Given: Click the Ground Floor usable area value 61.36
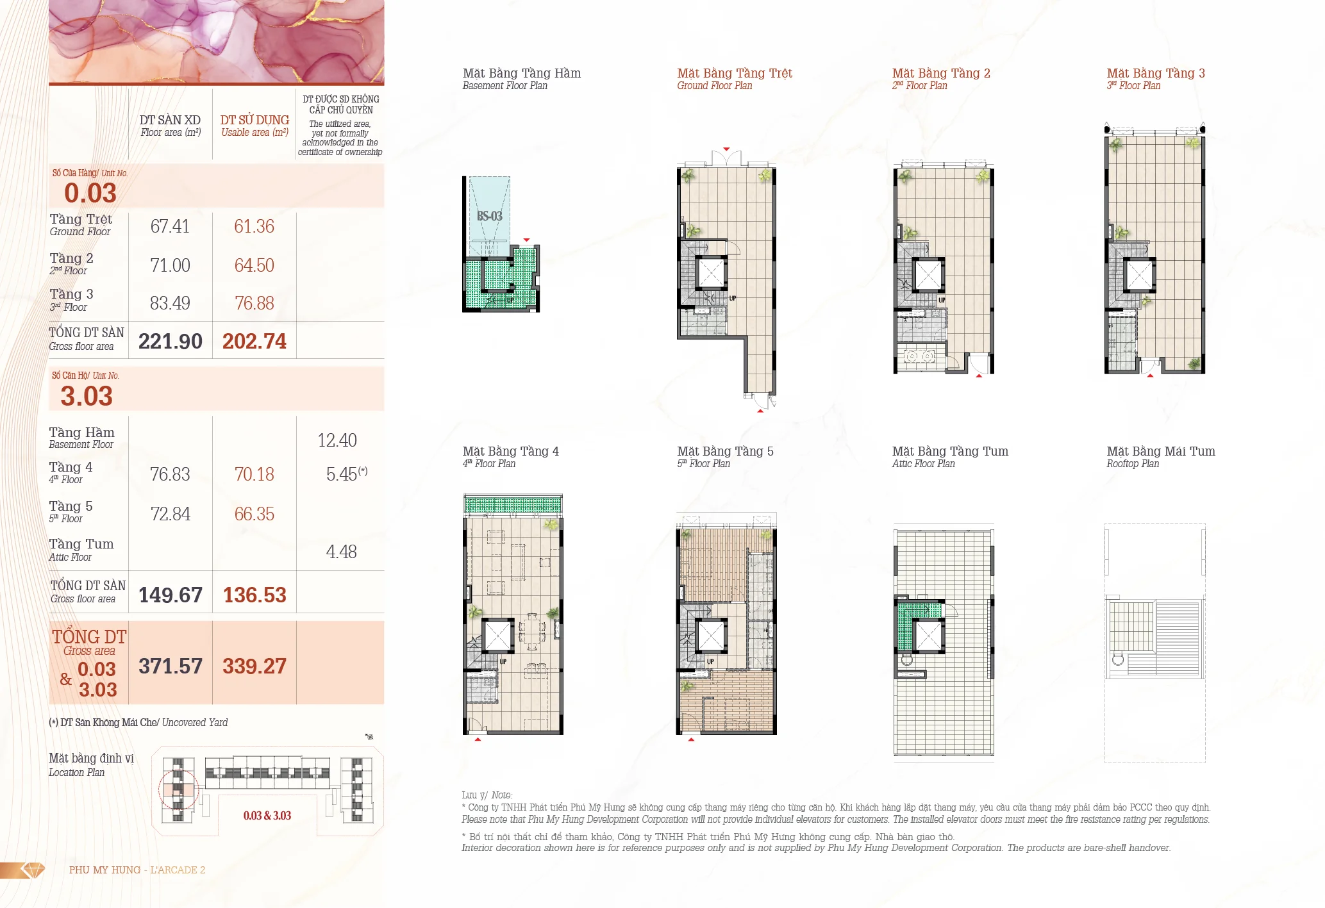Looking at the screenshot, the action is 254,226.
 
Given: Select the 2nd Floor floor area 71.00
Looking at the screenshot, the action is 170,265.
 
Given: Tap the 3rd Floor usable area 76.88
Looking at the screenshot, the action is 254,303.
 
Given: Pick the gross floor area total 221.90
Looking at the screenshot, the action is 171,341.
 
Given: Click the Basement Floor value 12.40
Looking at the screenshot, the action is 337,440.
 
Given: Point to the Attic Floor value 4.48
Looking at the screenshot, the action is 341,552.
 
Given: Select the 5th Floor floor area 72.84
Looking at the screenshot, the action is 170,514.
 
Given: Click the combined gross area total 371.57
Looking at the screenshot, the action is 171,666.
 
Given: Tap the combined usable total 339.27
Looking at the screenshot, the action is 254,666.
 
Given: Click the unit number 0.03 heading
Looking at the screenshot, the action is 90,193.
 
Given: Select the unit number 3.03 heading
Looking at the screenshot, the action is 87,396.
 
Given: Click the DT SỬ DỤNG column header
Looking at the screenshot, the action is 254,120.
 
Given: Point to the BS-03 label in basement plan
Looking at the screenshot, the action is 489,216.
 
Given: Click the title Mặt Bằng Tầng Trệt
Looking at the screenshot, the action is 735,73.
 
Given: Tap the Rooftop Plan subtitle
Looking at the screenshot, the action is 1133,464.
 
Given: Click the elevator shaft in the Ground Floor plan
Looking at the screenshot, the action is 710,272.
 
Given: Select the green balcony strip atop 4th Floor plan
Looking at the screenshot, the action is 513,505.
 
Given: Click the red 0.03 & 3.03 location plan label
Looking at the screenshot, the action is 267,816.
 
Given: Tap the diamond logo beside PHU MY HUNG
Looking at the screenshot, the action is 33,870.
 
